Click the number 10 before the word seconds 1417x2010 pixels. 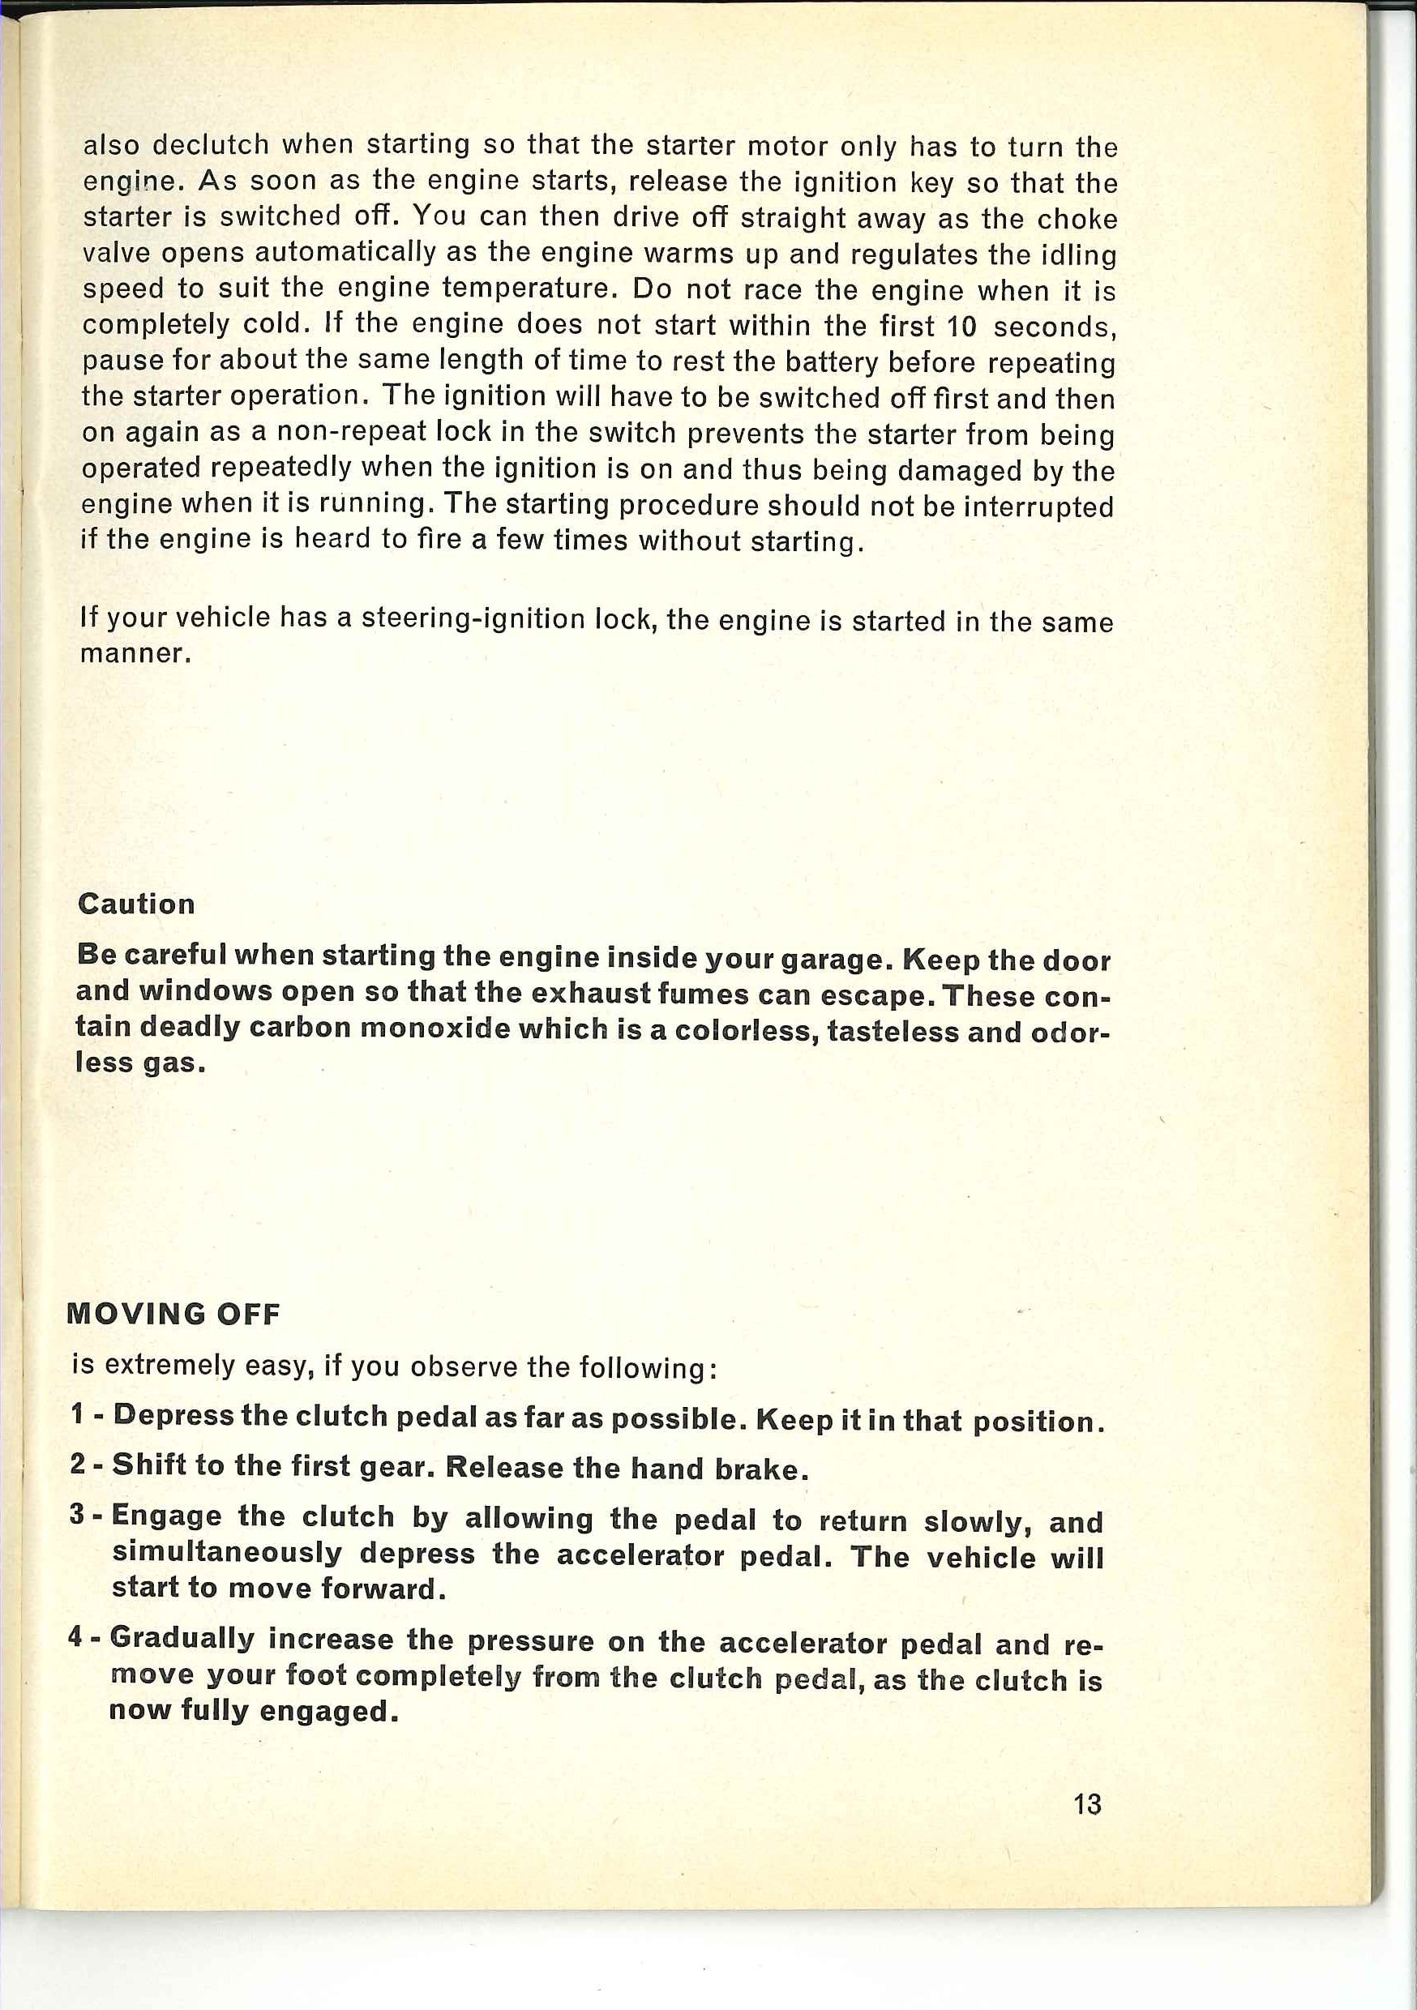(961, 327)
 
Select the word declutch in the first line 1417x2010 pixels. (211, 144)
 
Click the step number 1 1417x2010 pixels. (78, 1413)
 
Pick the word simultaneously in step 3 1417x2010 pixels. (227, 1551)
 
